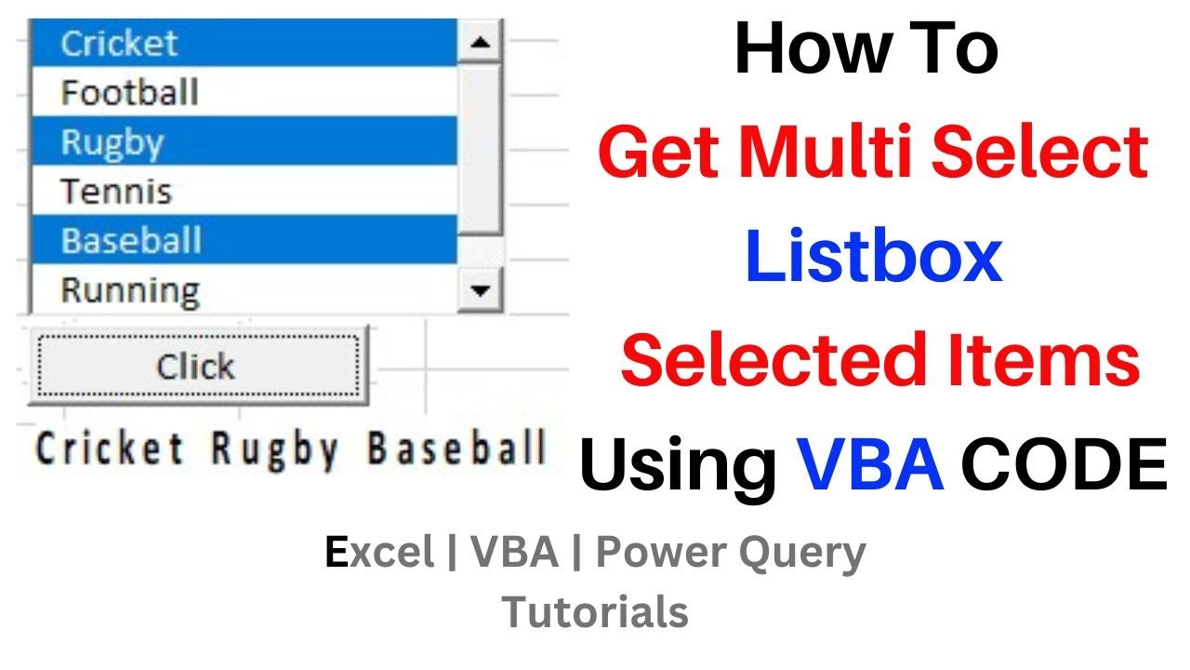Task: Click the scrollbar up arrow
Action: (x=481, y=43)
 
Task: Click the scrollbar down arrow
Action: (x=481, y=289)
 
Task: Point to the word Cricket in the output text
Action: (x=110, y=449)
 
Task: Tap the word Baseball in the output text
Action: (x=456, y=449)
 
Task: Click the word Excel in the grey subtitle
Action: (x=380, y=553)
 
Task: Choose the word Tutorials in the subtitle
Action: (x=595, y=612)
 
